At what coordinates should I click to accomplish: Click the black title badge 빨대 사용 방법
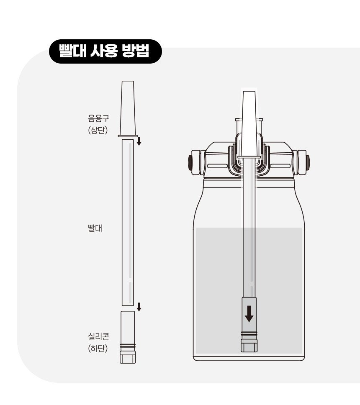[x=105, y=51]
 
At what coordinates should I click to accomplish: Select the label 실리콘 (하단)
[x=98, y=343]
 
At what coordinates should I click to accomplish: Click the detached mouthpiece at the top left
[x=128, y=109]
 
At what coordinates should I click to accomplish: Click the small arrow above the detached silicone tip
[x=139, y=307]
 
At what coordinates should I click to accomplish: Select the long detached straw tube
[x=128, y=223]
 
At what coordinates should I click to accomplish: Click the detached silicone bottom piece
[x=128, y=337]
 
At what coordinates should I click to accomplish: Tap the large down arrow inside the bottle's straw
[x=249, y=314]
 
